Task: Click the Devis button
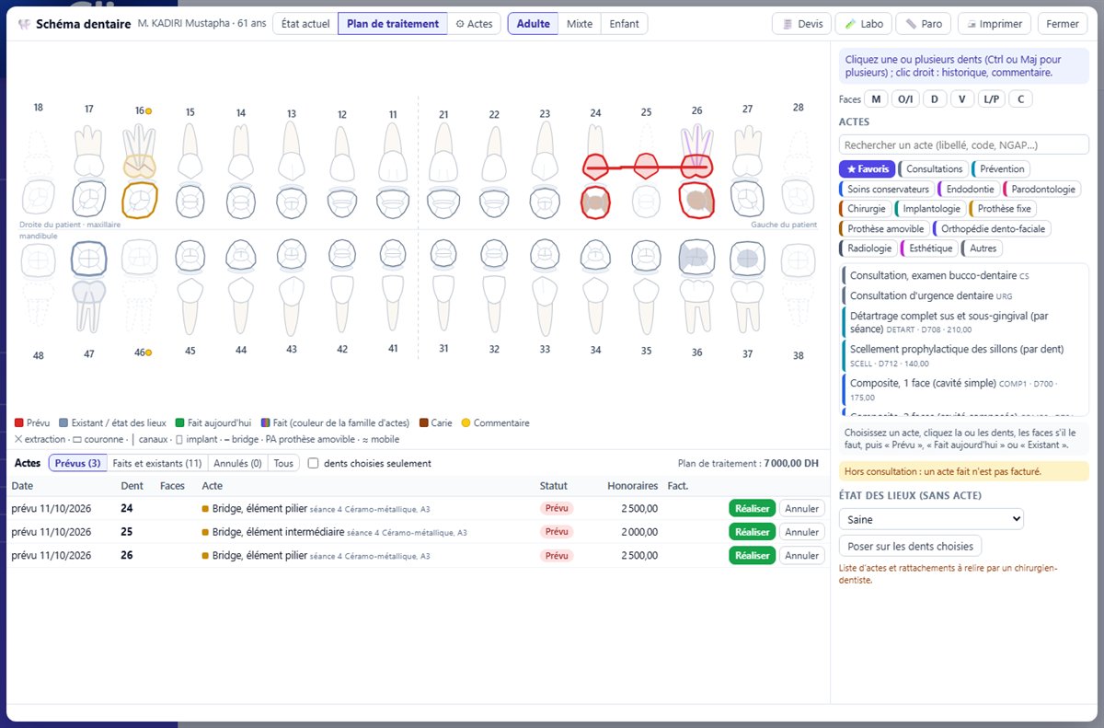801,24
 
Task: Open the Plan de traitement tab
392,24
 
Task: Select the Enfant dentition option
624,24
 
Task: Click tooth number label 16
140,110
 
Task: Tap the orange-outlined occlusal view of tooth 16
140,200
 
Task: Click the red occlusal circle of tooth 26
696,200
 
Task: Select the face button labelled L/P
991,99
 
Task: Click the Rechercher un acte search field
963,144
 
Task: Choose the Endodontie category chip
970,189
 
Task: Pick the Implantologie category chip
930,209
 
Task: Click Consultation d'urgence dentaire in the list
921,295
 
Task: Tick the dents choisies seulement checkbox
313,463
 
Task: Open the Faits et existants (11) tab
157,463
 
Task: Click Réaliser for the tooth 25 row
753,532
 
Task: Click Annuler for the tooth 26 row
802,556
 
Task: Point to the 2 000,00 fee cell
639,532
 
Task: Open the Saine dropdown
931,519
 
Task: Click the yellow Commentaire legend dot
466,422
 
